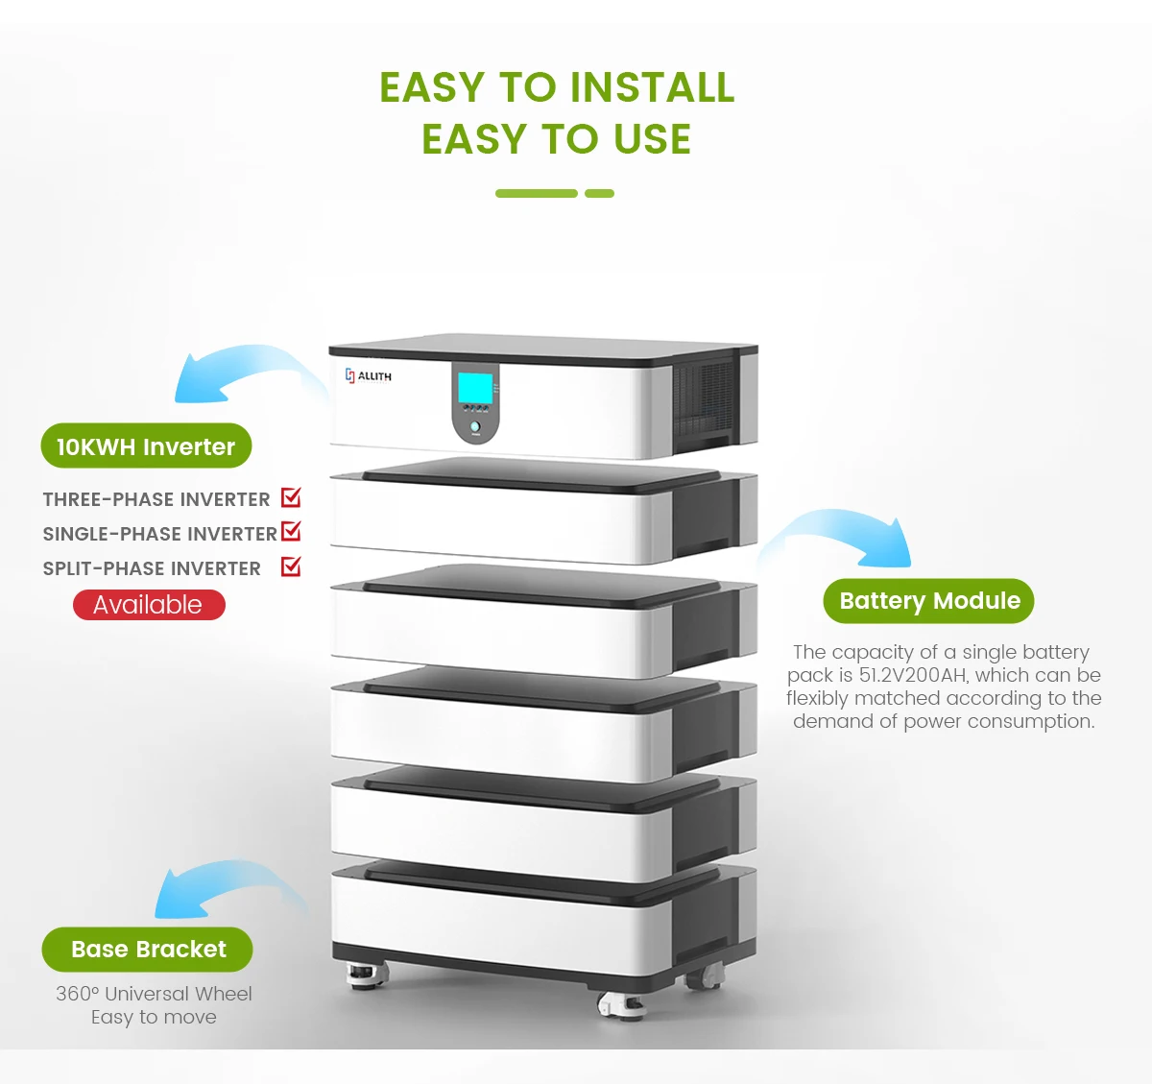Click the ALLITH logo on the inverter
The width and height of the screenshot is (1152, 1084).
368,376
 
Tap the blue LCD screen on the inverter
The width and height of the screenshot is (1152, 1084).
475,388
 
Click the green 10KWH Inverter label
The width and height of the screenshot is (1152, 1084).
146,446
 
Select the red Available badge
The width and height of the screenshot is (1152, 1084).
149,605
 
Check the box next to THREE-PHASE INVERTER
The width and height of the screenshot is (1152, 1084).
291,497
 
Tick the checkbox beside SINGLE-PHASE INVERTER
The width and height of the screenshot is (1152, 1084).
291,532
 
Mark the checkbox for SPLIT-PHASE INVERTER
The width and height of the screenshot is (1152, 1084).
291,566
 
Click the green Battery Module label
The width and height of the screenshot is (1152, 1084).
928,601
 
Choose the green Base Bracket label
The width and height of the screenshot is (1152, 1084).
147,950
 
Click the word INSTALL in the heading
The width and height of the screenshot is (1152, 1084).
653,87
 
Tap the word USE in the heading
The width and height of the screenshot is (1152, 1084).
652,139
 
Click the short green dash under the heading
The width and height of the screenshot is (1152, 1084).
599,193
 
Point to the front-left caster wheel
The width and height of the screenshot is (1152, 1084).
367,976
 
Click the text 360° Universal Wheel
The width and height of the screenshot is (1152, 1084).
154,994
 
